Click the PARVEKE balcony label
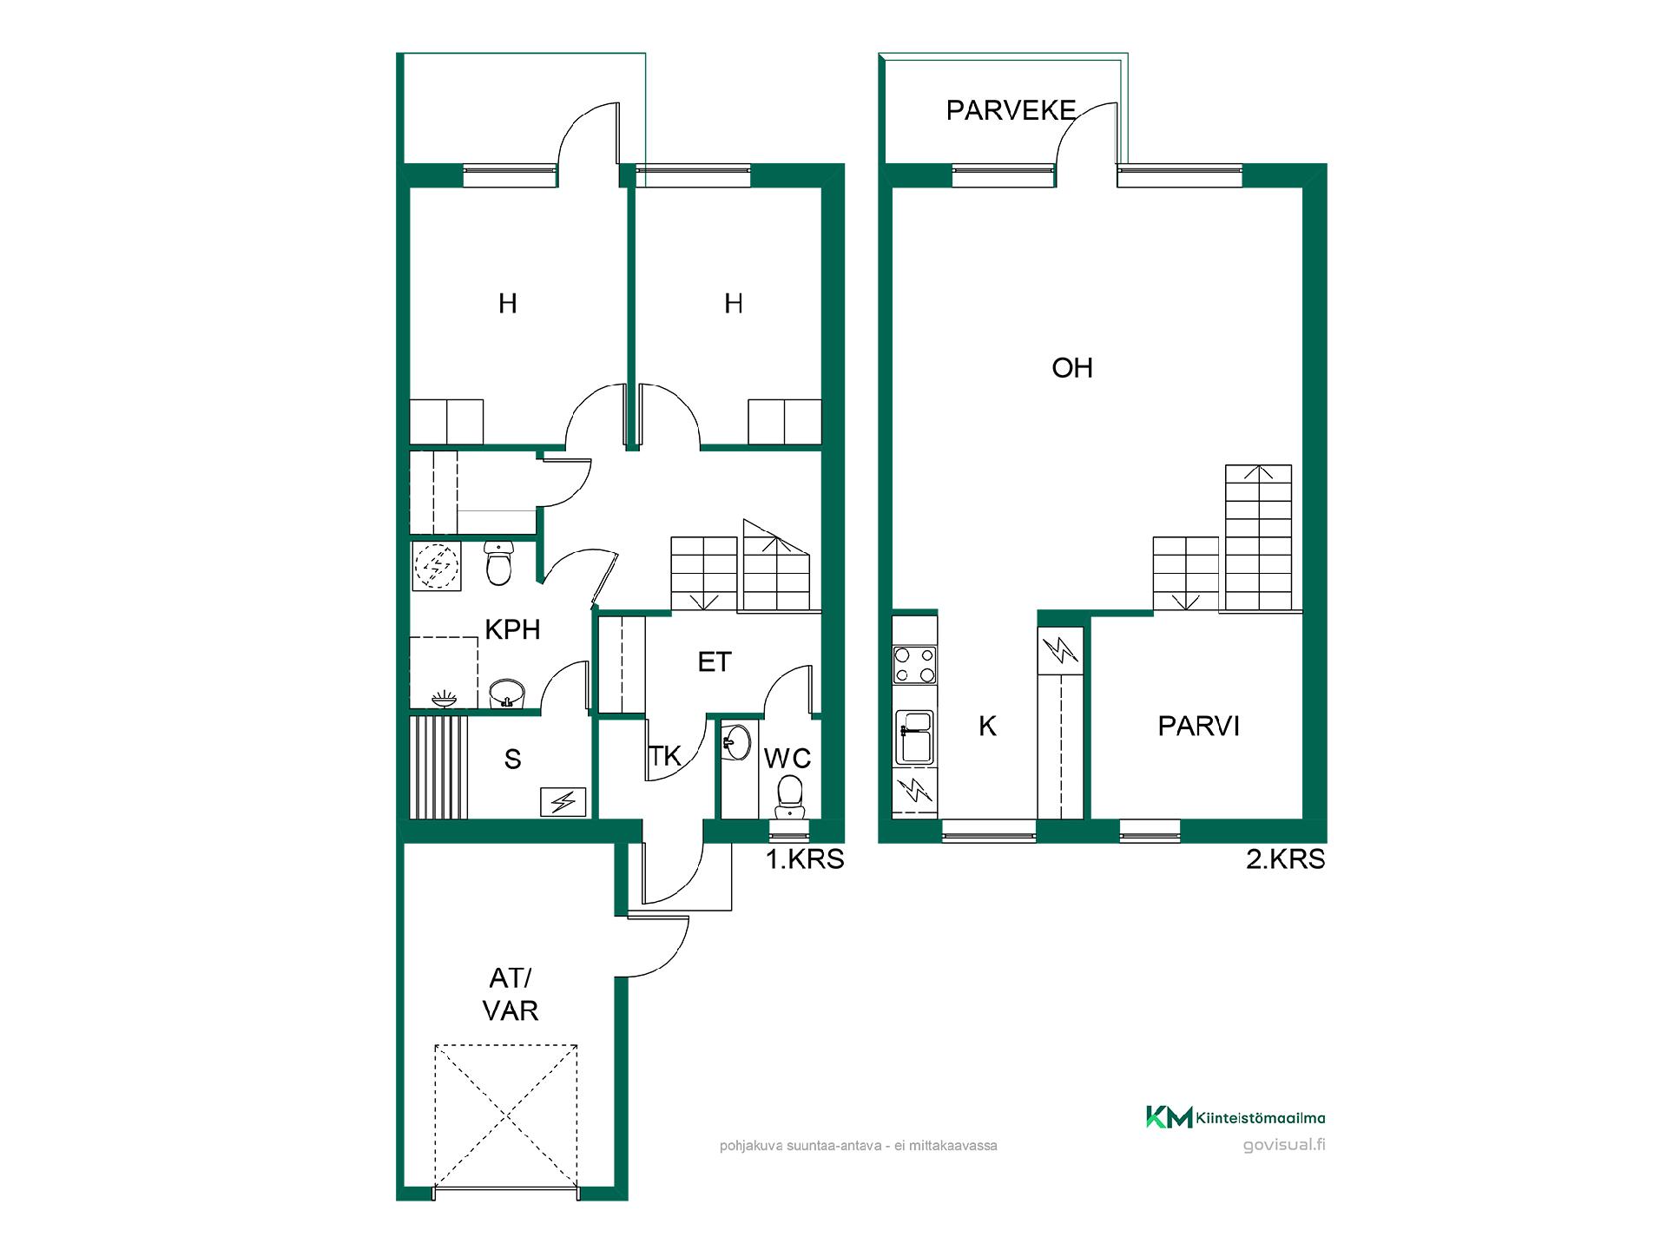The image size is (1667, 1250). (x=1011, y=110)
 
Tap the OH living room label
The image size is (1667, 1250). (x=1072, y=368)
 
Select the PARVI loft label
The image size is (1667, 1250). (x=1199, y=726)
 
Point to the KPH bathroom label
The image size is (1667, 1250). (x=512, y=629)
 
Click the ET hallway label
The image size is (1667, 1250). (x=715, y=662)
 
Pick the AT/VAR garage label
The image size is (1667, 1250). (x=511, y=995)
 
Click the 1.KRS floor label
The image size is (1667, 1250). (x=805, y=859)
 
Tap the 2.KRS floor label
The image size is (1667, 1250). (x=1286, y=859)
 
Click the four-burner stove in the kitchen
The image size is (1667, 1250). (x=915, y=664)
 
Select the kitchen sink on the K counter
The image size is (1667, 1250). (x=914, y=737)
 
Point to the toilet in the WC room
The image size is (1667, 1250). (x=788, y=795)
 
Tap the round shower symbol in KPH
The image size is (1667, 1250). (x=437, y=566)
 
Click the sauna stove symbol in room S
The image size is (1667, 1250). (x=563, y=802)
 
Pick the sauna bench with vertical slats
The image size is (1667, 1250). (x=438, y=766)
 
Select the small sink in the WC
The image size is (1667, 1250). (x=736, y=743)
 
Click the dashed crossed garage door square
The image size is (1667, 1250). (x=506, y=1117)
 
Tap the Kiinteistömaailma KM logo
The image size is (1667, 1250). (x=1235, y=1118)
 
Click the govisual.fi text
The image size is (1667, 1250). (x=1284, y=1144)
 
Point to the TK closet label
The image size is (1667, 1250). (x=665, y=756)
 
